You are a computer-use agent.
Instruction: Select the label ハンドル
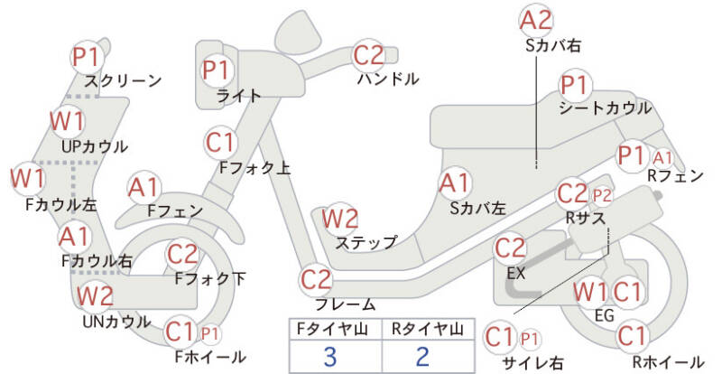point(388,79)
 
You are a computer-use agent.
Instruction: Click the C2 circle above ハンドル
point(369,56)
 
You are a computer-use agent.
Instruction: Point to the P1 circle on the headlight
point(217,69)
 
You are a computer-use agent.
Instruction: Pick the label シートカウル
point(605,108)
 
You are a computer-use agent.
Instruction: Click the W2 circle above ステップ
point(340,219)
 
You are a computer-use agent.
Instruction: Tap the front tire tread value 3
point(330,356)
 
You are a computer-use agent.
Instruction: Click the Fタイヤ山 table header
point(330,328)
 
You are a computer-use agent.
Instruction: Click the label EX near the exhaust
point(516,272)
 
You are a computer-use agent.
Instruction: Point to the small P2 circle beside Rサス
point(602,194)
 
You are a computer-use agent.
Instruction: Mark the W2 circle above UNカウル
point(95,295)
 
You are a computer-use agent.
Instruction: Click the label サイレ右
point(532,362)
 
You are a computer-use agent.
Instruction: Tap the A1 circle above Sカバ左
point(454,183)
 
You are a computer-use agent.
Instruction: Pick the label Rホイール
point(668,362)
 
